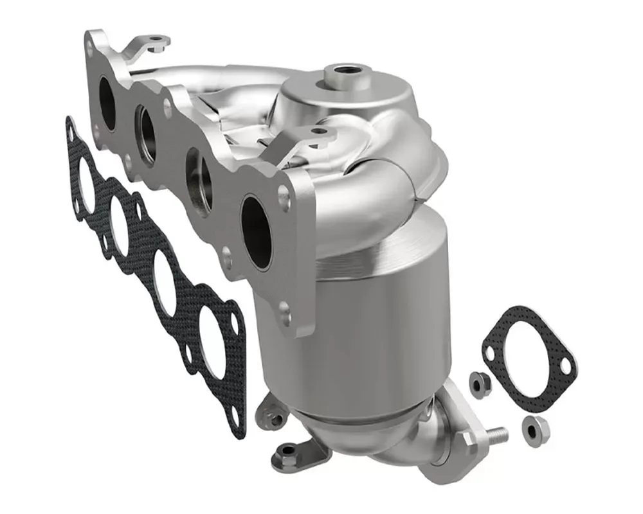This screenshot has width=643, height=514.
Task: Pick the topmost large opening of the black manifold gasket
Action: (86, 179)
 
